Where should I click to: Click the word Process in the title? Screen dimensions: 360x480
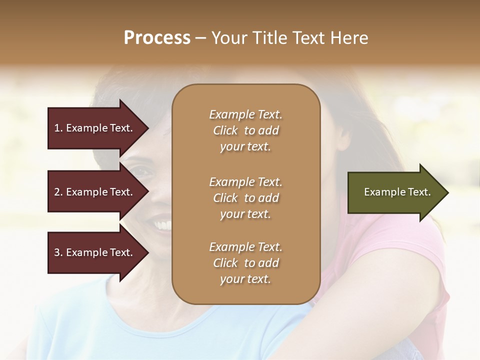[x=157, y=38]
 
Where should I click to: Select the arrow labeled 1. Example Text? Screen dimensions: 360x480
[x=95, y=128]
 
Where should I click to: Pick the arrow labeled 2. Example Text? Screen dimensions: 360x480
[x=95, y=192]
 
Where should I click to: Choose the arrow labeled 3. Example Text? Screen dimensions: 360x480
[x=95, y=252]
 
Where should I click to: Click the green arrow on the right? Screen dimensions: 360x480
[x=395, y=192]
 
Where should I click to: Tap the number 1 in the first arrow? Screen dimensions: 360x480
[x=56, y=128]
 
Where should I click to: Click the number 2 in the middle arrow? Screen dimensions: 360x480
[x=57, y=192]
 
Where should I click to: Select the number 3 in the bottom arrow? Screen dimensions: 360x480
[x=57, y=252]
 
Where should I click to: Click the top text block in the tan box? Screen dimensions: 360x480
[x=245, y=130]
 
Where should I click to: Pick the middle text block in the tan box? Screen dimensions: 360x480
[x=245, y=197]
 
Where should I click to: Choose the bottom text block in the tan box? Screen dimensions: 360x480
[x=245, y=263]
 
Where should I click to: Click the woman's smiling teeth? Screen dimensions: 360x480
[x=162, y=224]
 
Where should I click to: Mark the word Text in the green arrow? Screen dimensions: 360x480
[x=419, y=192]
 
